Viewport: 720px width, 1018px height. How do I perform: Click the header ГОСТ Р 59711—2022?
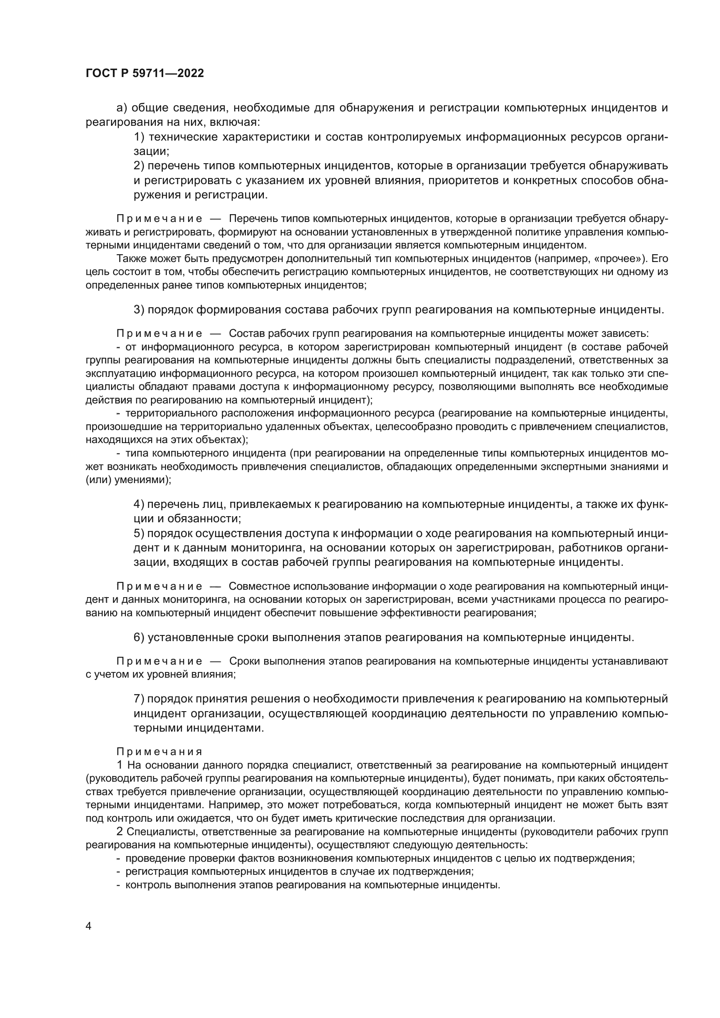coord(145,74)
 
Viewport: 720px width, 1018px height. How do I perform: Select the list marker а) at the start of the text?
coord(122,108)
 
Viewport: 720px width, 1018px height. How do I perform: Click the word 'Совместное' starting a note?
coord(254,587)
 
